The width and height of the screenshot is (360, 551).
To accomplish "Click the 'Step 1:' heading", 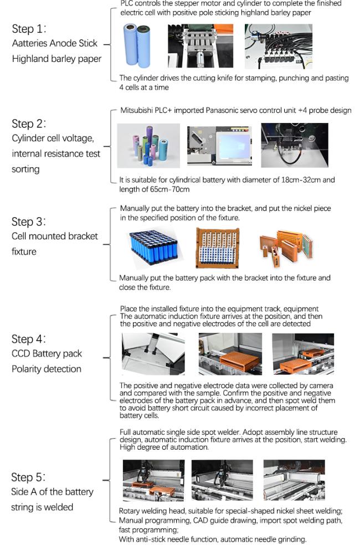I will pos(29,29).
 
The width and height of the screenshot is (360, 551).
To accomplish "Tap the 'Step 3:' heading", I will pos(29,222).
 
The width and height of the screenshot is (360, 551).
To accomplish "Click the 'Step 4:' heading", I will pos(29,339).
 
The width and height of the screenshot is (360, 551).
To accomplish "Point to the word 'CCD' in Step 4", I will pos(22,354).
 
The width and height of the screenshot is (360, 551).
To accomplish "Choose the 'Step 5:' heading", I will pos(29,477).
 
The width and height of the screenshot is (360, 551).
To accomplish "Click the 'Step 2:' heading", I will pos(29,123).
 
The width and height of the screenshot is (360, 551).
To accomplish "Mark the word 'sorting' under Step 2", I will pos(25,169).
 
